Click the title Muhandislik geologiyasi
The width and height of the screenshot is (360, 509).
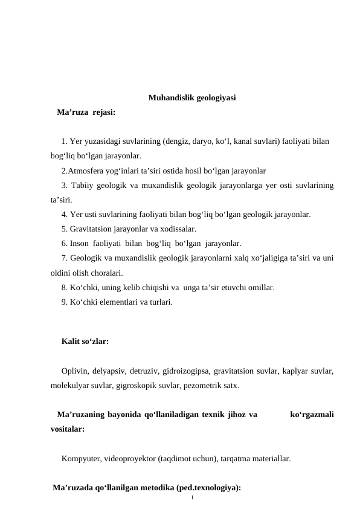tap(192, 97)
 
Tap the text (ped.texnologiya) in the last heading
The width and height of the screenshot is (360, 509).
tap(207, 487)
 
